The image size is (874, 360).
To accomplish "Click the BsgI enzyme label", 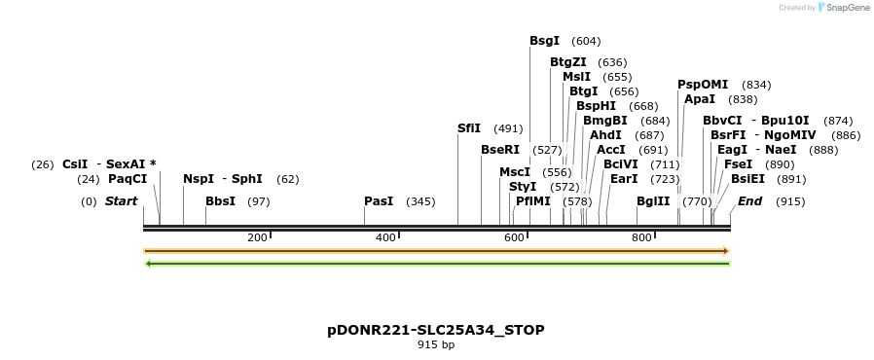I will pos(544,41).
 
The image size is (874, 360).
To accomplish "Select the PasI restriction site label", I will pos(379,201).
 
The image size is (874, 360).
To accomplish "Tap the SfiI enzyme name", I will pos(469,128).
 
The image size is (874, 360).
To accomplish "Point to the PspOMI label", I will pos(703,85).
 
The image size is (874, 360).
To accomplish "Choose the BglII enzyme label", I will pos(653,201).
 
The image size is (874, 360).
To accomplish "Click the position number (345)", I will pos(420,201).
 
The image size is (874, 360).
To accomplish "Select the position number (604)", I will pos(586,41).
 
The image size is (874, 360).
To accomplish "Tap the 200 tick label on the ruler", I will pos(257,238).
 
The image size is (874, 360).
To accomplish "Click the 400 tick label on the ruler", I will pos(385,238).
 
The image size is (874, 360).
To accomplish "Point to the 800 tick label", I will pos(641,238).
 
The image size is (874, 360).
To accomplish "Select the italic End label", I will pos(749,201).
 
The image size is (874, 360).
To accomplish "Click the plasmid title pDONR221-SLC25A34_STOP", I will pos(436,330).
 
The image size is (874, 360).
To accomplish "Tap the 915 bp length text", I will pos(436,344).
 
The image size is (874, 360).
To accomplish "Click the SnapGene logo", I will pos(843,8).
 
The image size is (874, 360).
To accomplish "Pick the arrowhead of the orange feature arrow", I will pos(725,251).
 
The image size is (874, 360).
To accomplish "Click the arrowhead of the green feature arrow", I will pos(148,263).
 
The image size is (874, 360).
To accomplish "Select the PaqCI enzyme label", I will pos(127,179).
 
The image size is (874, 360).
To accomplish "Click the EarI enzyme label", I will pos(624,179).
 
